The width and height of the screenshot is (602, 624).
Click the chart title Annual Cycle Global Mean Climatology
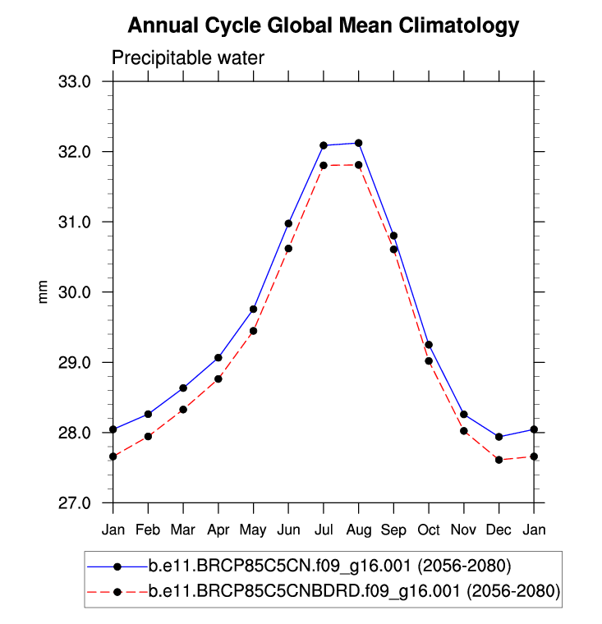coord(324,25)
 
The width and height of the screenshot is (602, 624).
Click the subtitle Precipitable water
coord(188,57)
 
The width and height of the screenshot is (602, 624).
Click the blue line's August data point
coord(359,143)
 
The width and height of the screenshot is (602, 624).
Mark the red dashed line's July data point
coord(324,165)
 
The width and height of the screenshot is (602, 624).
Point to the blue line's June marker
coord(288,223)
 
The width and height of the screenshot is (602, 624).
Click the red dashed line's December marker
coord(499,460)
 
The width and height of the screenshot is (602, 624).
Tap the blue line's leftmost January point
coord(113,429)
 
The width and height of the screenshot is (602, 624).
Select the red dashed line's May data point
coord(254,331)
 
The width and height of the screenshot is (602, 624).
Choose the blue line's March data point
coord(183,388)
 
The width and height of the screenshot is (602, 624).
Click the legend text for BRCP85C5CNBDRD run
coord(354,591)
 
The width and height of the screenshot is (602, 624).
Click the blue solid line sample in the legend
coord(117,566)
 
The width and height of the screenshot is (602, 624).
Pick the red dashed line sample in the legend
coord(117,591)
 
